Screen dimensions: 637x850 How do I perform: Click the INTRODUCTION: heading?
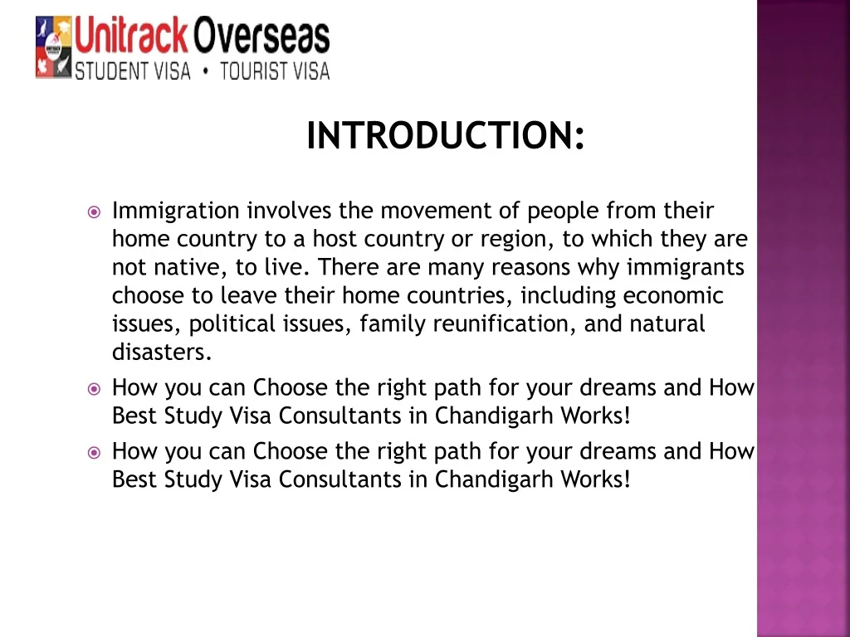tap(446, 136)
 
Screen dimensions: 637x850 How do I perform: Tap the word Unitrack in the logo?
tap(131, 37)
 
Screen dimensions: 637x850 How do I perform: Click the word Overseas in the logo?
tap(261, 37)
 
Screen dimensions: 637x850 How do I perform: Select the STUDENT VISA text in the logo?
tap(133, 71)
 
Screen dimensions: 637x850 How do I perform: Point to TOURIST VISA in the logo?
tap(275, 71)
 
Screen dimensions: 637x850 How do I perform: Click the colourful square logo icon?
tap(53, 48)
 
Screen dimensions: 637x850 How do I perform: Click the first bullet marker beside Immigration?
tap(94, 212)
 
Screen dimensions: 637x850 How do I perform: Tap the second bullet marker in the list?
tap(94, 388)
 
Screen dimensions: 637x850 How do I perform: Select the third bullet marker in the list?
tap(94, 452)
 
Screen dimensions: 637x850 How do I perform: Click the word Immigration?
tap(175, 212)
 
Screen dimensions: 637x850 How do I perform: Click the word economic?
tap(673, 296)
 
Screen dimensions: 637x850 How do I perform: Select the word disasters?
tap(162, 353)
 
